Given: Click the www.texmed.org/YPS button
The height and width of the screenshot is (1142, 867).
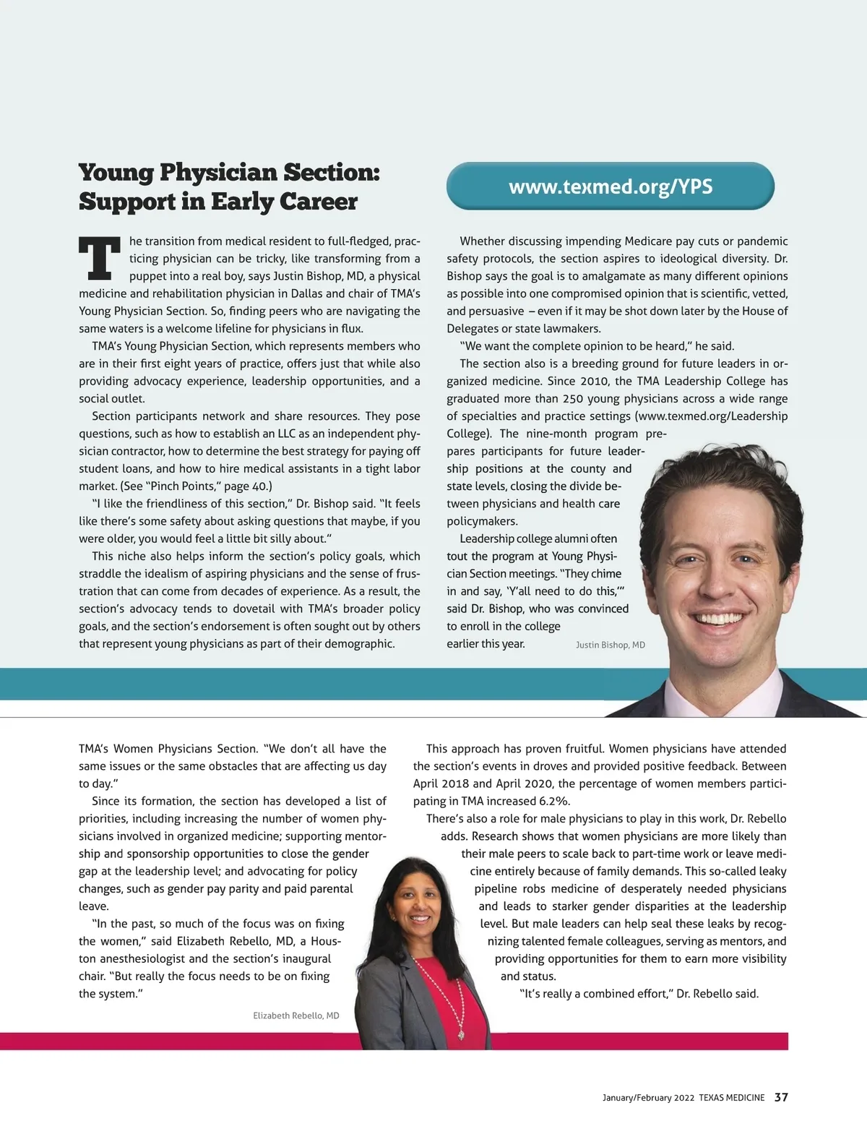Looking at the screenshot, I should pyautogui.click(x=611, y=186).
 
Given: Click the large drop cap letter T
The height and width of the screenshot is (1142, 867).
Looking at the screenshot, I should pyautogui.click(x=99, y=258).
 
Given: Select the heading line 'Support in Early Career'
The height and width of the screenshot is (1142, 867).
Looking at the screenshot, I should pyautogui.click(x=218, y=202).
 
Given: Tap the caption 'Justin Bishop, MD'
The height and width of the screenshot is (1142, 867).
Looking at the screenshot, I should pyautogui.click(x=610, y=645).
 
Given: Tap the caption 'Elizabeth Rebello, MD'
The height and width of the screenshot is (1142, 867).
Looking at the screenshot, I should pyautogui.click(x=296, y=1016).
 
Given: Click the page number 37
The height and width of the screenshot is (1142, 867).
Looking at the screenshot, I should pyautogui.click(x=781, y=1097).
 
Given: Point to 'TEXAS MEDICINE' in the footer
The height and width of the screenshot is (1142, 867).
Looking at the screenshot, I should pyautogui.click(x=731, y=1098).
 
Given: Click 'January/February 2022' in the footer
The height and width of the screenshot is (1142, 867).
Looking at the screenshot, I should pyautogui.click(x=648, y=1098).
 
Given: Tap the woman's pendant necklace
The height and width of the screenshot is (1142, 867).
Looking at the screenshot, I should pyautogui.click(x=460, y=1034).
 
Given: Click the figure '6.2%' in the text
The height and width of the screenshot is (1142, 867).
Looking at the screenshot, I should pyautogui.click(x=554, y=801).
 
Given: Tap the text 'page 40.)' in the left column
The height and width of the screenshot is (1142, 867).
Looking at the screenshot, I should pyautogui.click(x=248, y=486).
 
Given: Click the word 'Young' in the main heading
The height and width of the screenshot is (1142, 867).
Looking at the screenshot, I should pyautogui.click(x=116, y=173).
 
